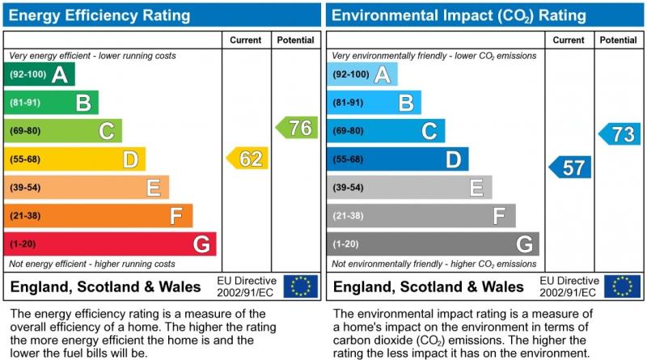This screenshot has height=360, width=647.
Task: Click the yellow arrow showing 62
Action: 247,159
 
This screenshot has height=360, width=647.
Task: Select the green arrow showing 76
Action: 297,128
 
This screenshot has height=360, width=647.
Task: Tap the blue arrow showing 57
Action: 570,167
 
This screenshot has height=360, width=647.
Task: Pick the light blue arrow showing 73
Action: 620,134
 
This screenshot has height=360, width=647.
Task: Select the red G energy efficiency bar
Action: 110,244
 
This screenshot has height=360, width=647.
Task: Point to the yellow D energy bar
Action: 74,159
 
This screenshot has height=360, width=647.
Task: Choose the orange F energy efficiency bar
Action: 98,216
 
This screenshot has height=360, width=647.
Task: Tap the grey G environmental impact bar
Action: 433,244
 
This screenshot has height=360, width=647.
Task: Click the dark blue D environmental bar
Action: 397,159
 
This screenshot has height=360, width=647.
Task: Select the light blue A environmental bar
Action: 362,74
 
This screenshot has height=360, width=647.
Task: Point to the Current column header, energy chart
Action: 246,40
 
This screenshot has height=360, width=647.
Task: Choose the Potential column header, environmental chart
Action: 619,40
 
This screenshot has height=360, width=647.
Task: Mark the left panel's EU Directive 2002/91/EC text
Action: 246,286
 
